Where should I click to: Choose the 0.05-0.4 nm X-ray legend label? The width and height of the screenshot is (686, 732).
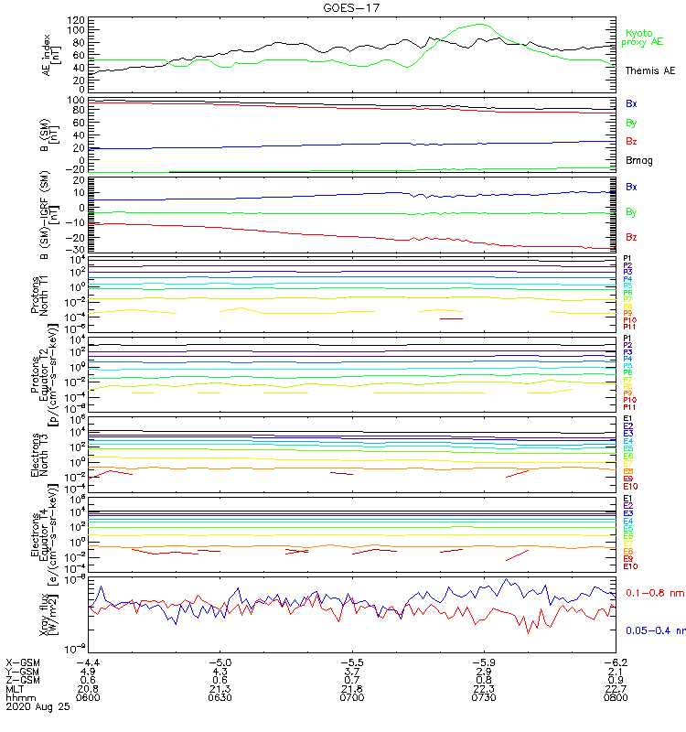click(x=655, y=630)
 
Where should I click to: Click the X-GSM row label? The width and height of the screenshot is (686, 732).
click(x=23, y=662)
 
